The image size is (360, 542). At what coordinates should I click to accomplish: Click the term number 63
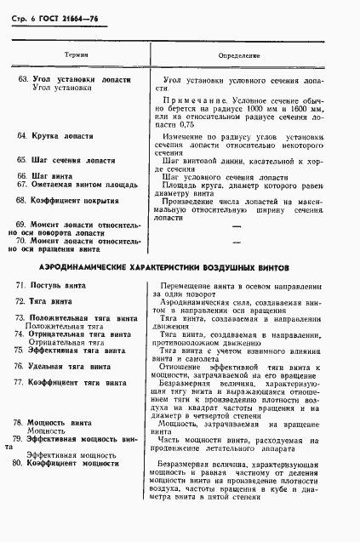(22, 79)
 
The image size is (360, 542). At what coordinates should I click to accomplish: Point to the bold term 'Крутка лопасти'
(62, 136)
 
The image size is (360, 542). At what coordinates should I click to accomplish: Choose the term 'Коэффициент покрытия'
(73, 200)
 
